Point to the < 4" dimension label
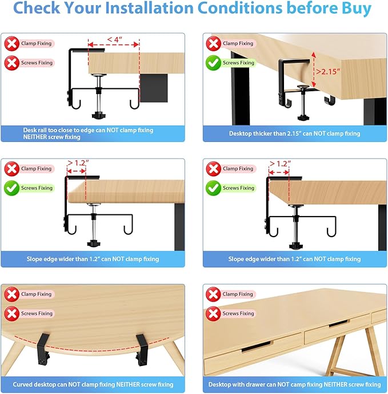click(114, 39)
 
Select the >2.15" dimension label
click(330, 72)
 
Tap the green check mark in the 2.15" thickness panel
click(213, 63)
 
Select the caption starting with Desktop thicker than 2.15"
click(294, 133)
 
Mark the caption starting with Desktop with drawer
click(294, 384)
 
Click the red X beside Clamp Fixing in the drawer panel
click(213, 294)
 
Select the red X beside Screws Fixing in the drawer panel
click(213, 313)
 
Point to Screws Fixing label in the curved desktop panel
click(37, 314)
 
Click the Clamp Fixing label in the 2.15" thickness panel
click(238, 43)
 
